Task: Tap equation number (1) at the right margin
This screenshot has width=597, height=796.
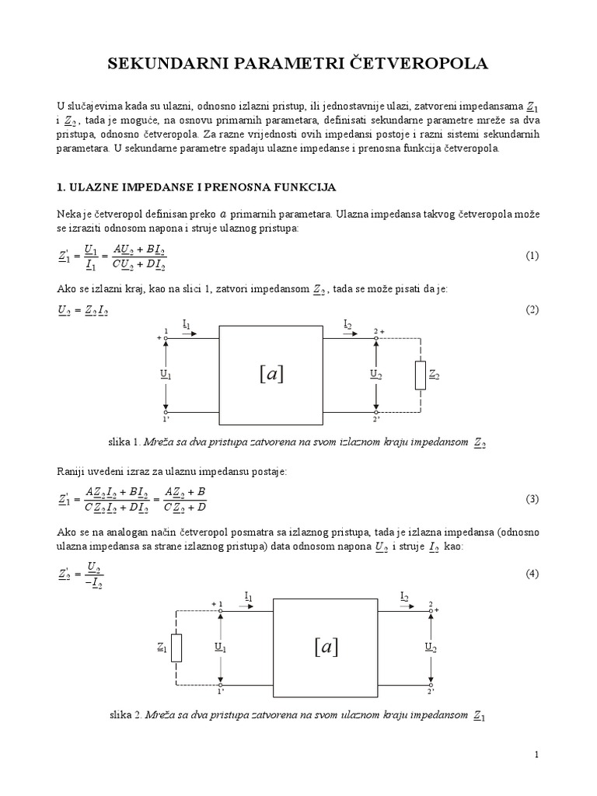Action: (532, 256)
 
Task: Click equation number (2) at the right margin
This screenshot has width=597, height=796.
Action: (532, 309)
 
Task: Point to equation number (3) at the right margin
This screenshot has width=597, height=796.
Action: (532, 499)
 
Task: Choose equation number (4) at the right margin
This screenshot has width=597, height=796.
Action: (532, 574)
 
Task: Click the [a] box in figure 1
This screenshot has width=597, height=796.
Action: (271, 374)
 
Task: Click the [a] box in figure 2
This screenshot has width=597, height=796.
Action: (326, 647)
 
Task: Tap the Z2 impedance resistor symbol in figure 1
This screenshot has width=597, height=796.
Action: (421, 375)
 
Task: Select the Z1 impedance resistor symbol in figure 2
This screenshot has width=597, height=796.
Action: (176, 648)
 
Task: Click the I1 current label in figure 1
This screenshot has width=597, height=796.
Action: (187, 323)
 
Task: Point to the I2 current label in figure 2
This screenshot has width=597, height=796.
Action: (405, 596)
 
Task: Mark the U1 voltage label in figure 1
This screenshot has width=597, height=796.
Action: (165, 374)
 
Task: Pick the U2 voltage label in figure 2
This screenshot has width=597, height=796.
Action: (430, 646)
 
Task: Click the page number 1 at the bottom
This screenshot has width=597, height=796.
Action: (536, 754)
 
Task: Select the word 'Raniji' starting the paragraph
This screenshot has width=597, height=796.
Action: (71, 473)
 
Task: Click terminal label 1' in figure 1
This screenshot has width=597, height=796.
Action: (166, 420)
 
